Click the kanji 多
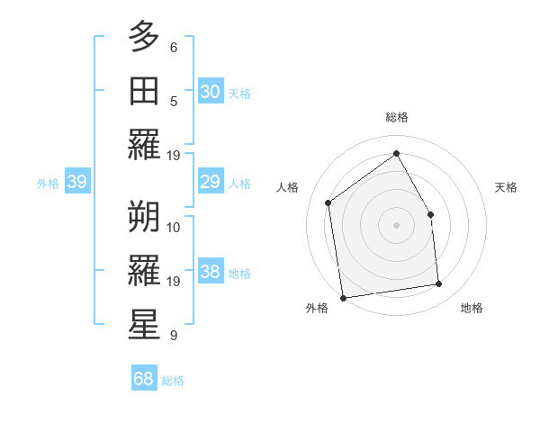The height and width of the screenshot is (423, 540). click(x=144, y=38)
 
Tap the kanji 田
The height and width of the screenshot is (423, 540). click(x=144, y=90)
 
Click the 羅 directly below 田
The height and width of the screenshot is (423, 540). click(x=144, y=144)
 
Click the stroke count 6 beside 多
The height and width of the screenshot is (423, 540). click(x=174, y=47)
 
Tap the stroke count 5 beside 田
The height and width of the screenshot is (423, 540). click(x=174, y=101)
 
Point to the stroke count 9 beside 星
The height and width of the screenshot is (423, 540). click(x=174, y=336)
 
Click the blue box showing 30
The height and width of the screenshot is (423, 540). click(x=210, y=92)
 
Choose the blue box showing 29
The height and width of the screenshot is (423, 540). click(x=210, y=183)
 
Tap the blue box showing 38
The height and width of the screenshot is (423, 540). click(x=210, y=273)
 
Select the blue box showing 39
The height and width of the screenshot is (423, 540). click(x=77, y=183)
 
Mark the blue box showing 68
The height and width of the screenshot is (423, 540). click(x=144, y=379)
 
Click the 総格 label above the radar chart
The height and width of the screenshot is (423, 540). click(x=397, y=117)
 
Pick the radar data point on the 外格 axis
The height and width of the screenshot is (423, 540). click(x=343, y=298)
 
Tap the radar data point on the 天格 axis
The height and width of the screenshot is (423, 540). click(x=430, y=214)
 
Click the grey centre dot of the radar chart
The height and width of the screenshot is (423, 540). click(x=397, y=225)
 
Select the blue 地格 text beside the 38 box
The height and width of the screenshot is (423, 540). click(x=239, y=274)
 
